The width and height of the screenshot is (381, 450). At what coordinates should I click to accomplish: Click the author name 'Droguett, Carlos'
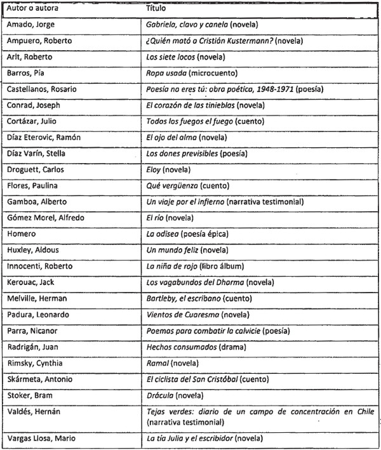coord(36,170)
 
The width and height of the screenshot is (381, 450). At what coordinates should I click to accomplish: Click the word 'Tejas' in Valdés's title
coord(156,411)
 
